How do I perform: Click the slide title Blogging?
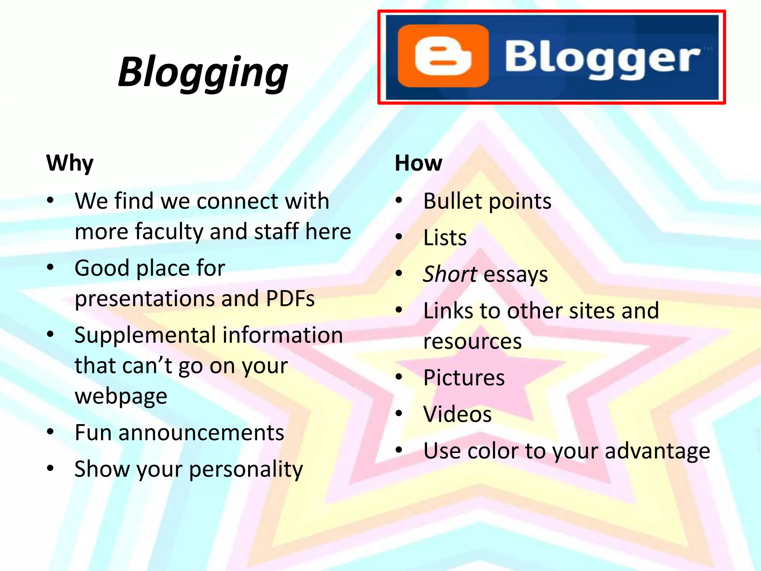tap(203, 72)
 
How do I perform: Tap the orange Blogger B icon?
tap(443, 56)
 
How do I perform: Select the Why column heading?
tap(70, 163)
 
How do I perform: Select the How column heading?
tap(418, 163)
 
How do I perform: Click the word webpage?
tap(121, 396)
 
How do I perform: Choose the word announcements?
tap(201, 433)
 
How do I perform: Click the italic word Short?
tap(450, 274)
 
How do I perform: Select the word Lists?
tap(445, 238)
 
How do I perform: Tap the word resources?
tap(472, 341)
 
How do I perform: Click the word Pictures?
tap(464, 378)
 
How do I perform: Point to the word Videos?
tap(457, 414)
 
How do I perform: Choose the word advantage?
tap(657, 451)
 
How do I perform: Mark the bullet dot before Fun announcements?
tap(51, 432)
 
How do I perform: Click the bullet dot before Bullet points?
tap(399, 200)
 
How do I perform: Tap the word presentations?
tap(145, 299)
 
